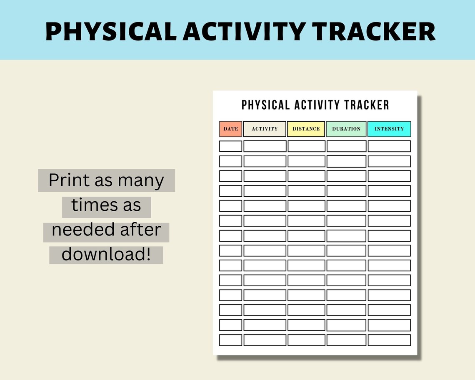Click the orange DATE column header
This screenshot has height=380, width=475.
click(x=230, y=129)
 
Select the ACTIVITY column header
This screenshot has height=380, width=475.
click(x=265, y=129)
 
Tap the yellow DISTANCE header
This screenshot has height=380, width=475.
click(x=306, y=129)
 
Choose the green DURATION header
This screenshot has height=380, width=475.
click(x=346, y=129)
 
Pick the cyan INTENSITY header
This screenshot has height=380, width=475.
click(x=389, y=129)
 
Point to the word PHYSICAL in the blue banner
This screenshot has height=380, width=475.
click(x=111, y=31)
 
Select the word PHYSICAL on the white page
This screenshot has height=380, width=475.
click(x=265, y=105)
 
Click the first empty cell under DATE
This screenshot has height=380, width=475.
click(x=230, y=146)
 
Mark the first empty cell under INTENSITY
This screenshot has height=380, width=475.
click(x=389, y=146)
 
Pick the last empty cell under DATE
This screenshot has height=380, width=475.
click(x=230, y=340)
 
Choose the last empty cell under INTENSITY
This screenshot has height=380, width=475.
click(x=389, y=340)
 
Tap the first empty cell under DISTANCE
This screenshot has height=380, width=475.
click(x=306, y=146)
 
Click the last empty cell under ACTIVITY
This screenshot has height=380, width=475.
click(x=265, y=340)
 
